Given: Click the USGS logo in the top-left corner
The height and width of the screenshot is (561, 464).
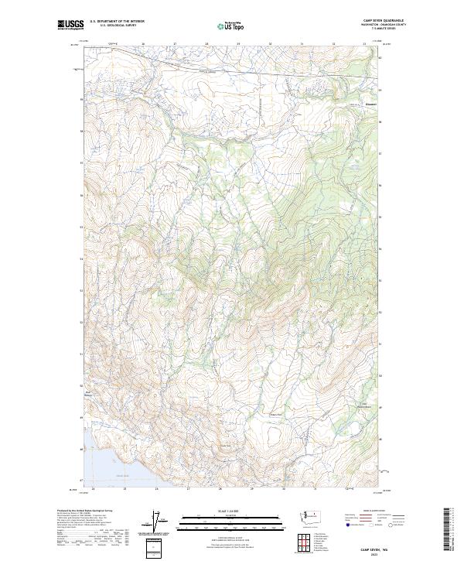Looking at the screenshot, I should coord(70,26).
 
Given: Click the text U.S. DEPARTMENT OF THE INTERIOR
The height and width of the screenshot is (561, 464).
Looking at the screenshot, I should coord(117,22).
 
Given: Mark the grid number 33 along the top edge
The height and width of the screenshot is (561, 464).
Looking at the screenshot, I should coord(364,43).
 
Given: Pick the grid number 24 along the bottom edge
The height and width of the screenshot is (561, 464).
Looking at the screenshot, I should coord(93,489).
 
